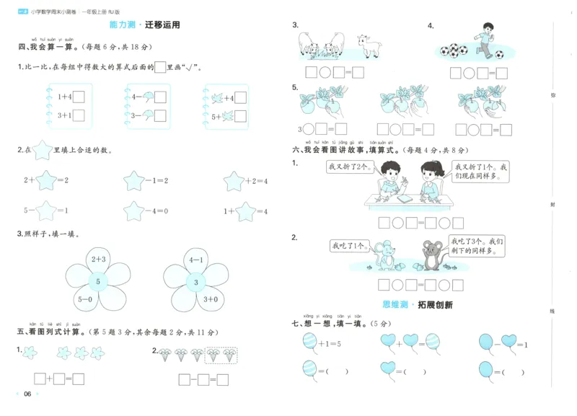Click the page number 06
pos(27,394)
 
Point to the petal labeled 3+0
pos(211,298)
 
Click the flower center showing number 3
pos(195,282)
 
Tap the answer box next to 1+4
pos(79,97)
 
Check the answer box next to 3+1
pos(79,115)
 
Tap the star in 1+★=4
pos(246,211)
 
